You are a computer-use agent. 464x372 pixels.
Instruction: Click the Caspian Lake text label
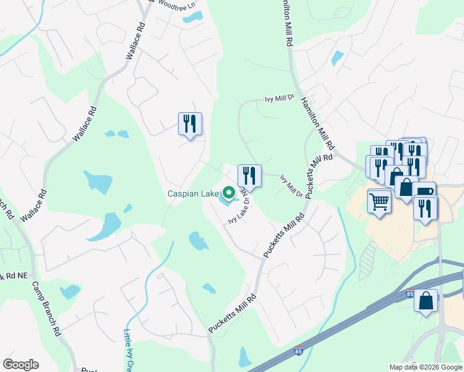click(x=193, y=193)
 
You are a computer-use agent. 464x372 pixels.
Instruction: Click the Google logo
click(x=20, y=365)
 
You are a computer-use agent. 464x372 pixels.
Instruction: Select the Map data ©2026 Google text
click(x=425, y=367)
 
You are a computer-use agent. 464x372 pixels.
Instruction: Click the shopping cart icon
click(x=379, y=201)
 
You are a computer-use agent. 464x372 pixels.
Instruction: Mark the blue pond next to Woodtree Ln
click(x=189, y=17)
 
